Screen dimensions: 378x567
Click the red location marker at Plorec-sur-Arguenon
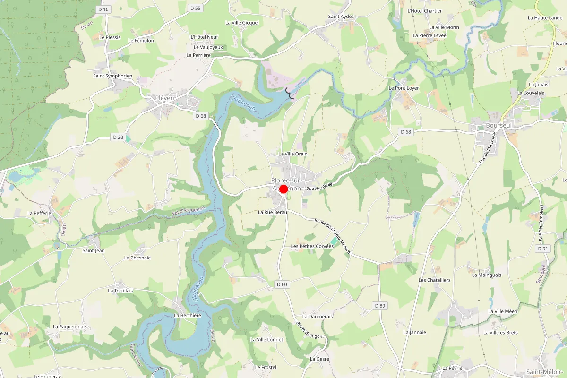(x=283, y=189)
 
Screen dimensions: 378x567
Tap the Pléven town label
(x=165, y=98)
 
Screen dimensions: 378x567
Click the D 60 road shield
(x=282, y=284)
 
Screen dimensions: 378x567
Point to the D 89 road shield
(x=380, y=306)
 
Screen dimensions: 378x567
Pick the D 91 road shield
(x=542, y=248)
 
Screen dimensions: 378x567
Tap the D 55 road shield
(x=195, y=8)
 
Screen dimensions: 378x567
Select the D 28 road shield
(x=118, y=137)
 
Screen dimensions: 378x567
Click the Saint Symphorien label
(x=112, y=76)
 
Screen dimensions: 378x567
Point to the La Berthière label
(x=188, y=315)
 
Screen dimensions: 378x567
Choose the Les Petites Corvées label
(x=312, y=246)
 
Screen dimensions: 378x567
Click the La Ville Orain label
(x=293, y=154)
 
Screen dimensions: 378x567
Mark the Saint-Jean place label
(x=94, y=250)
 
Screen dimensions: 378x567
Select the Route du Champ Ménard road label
(x=333, y=236)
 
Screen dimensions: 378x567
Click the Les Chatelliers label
(x=435, y=280)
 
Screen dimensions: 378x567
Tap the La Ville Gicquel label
(x=242, y=22)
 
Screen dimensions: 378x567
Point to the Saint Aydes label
(x=341, y=16)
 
